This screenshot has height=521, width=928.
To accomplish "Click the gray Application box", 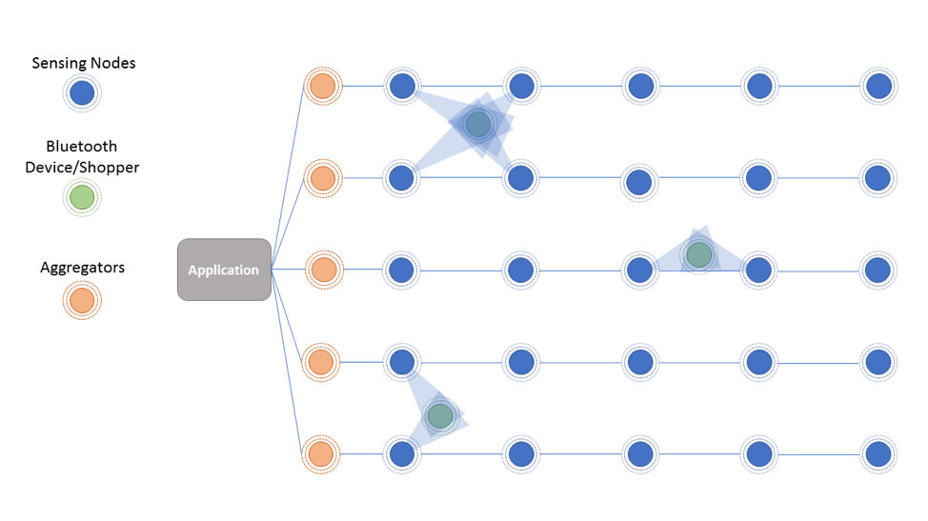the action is click(224, 270).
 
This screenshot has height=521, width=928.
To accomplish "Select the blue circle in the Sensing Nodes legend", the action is click(82, 92).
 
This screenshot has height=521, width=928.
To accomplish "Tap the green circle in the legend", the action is click(82, 197).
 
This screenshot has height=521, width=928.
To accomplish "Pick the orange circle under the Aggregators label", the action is click(82, 300).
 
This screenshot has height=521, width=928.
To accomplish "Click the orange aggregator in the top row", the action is click(323, 86).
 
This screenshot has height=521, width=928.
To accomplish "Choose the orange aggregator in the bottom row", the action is click(321, 454).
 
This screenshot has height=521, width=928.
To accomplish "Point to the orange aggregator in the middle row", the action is click(324, 270).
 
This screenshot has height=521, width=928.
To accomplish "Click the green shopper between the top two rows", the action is click(477, 124).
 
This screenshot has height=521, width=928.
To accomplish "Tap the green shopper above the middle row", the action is click(699, 255).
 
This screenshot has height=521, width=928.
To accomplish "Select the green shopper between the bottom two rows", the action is click(440, 415).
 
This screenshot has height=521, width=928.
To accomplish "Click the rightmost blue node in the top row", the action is click(878, 86).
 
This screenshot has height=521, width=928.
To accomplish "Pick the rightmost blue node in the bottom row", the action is click(878, 454).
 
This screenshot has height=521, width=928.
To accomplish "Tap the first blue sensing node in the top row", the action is click(402, 86).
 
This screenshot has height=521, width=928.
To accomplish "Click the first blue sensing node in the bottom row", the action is click(402, 454).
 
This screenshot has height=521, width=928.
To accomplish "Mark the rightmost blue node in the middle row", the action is click(878, 270).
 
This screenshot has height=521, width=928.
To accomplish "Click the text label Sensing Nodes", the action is click(84, 63).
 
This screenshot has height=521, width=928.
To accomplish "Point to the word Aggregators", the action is click(82, 268).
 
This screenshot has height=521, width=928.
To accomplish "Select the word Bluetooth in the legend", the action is click(82, 146).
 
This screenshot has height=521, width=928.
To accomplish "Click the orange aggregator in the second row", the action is click(323, 178).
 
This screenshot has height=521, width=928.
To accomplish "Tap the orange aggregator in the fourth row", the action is click(321, 362).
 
